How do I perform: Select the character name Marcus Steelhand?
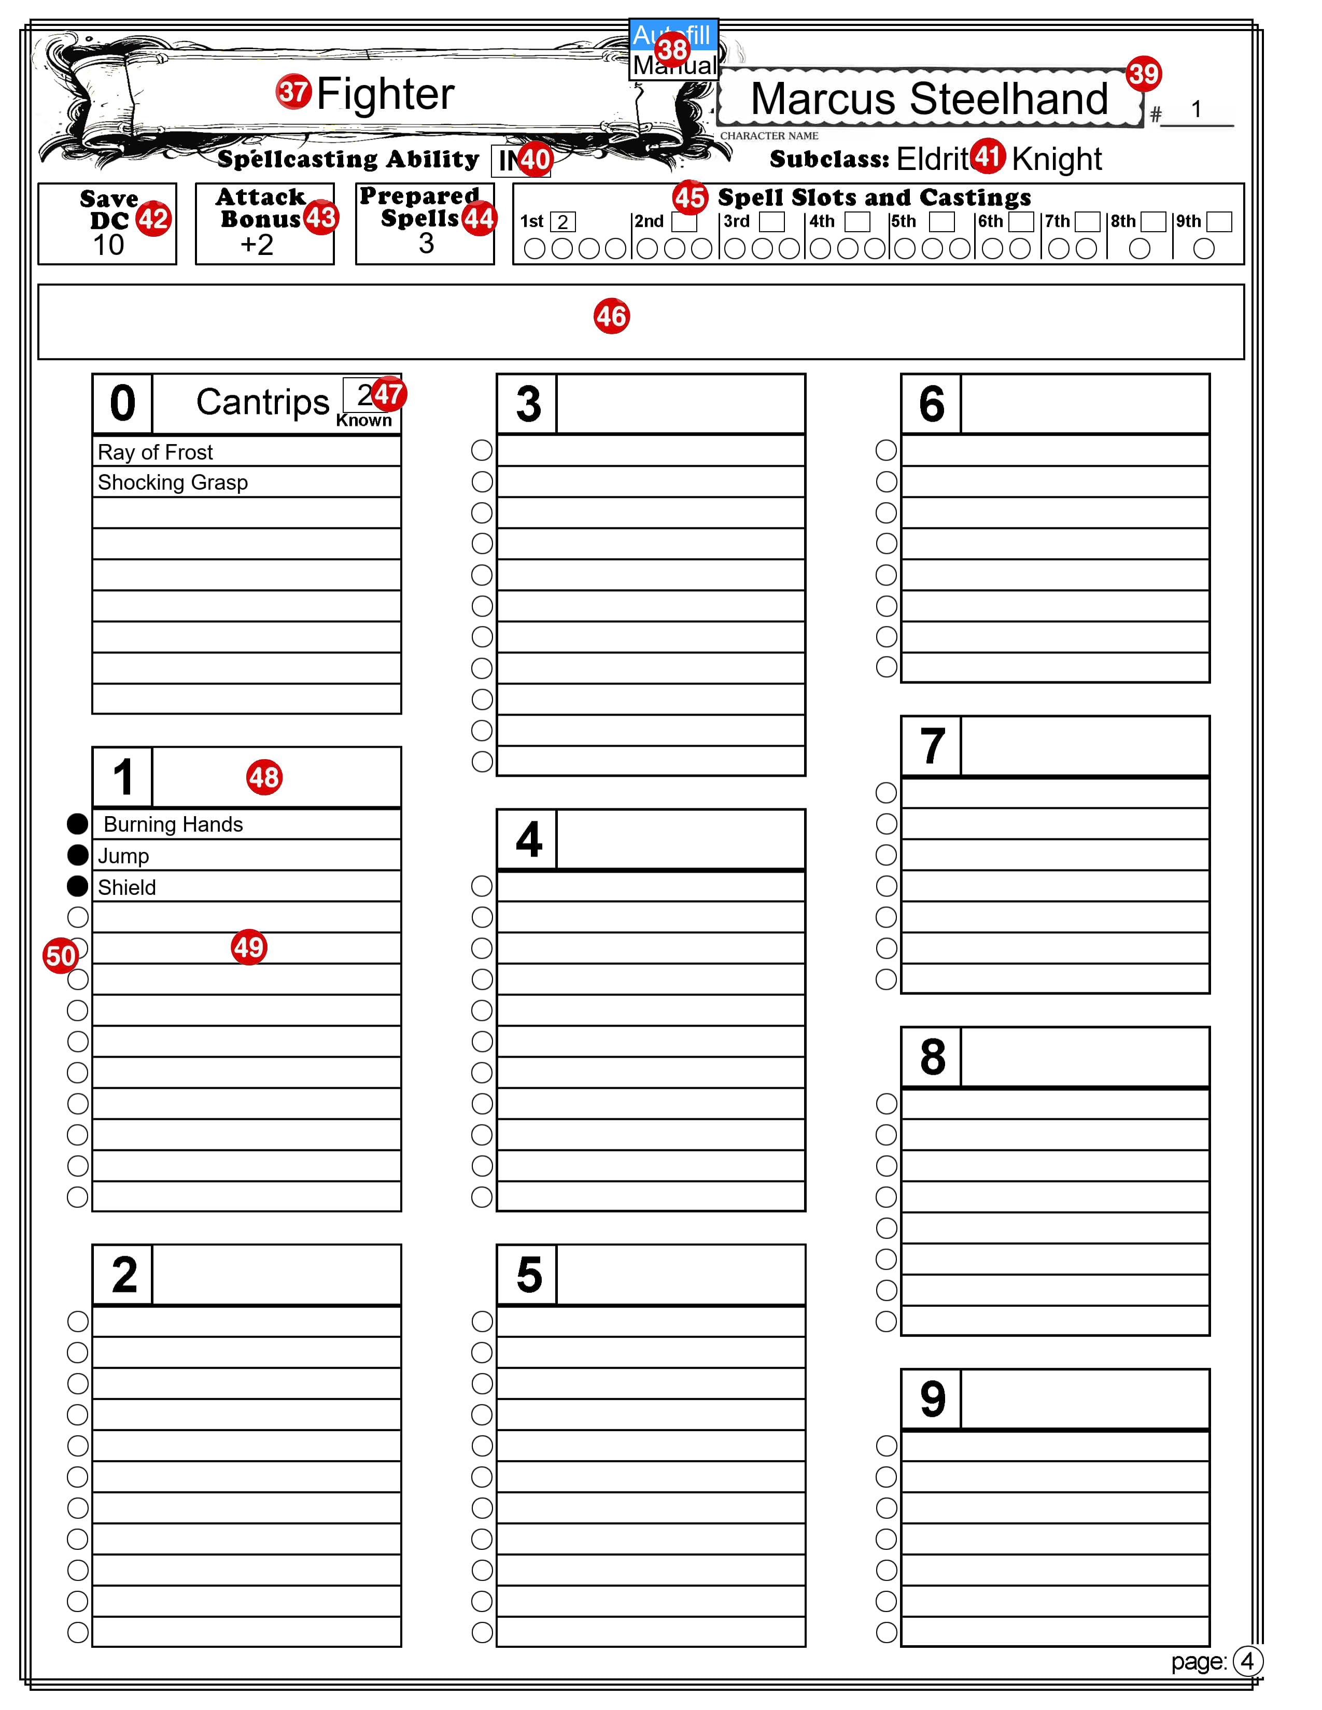[929, 99]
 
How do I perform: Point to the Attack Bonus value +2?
[257, 245]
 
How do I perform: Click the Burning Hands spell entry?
[173, 824]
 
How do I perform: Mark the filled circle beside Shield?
[78, 886]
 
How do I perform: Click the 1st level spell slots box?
[562, 222]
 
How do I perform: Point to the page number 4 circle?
[1247, 1661]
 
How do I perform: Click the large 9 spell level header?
[932, 1399]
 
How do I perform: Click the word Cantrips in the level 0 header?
[262, 403]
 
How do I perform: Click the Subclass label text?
[828, 160]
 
